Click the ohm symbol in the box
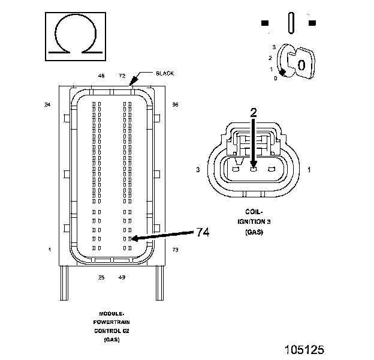(x=76, y=35)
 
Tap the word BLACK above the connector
(x=164, y=73)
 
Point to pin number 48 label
(x=101, y=76)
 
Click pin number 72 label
(x=122, y=76)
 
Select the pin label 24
(x=47, y=104)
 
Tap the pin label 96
(x=175, y=104)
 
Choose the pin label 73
(x=175, y=249)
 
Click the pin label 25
(x=101, y=277)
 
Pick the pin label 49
(x=122, y=277)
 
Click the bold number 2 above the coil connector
(x=253, y=112)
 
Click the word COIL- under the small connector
(x=254, y=212)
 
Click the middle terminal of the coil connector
(x=254, y=169)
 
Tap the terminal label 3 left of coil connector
(x=197, y=170)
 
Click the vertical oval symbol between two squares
(x=291, y=23)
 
